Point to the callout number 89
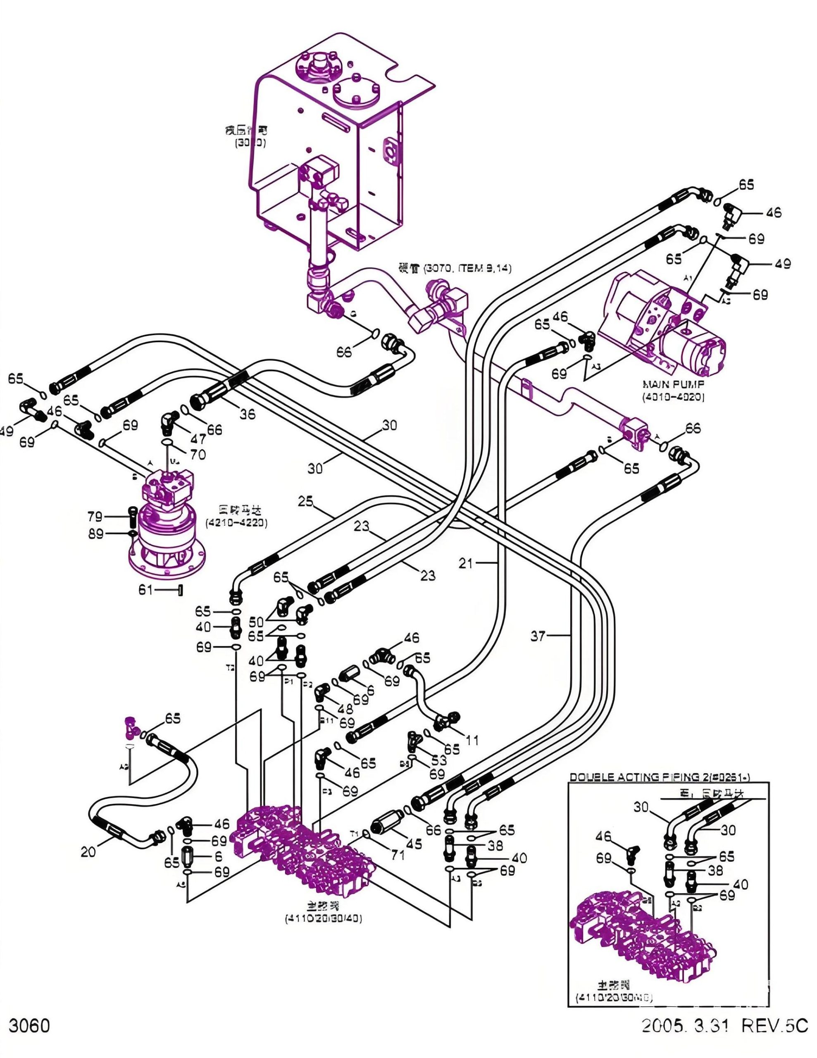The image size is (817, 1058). point(95,534)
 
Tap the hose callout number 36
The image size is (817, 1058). point(248,414)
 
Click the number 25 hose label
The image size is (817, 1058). point(305,501)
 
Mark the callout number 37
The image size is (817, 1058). point(538,636)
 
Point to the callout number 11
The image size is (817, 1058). point(472,740)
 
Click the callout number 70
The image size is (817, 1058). point(198,454)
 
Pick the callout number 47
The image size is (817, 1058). point(198,439)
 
